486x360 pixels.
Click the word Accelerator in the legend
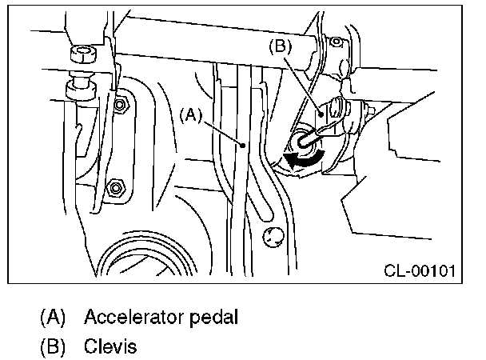click(133, 317)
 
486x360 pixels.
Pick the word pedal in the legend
click(211, 317)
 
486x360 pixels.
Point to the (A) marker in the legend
click(53, 317)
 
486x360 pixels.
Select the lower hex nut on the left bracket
click(116, 190)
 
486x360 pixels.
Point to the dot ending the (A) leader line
click(242, 145)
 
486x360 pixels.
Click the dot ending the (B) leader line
click(320, 114)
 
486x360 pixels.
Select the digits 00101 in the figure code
click(432, 271)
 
